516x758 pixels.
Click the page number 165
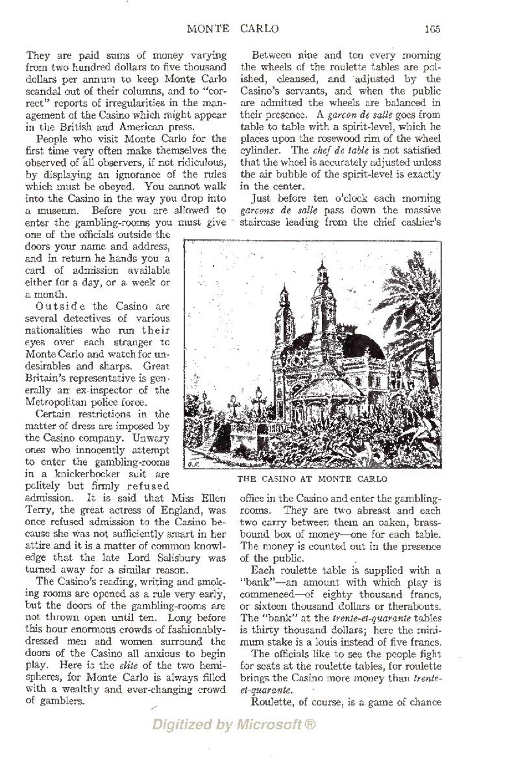click(x=433, y=29)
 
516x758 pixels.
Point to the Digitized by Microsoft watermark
click(x=234, y=724)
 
